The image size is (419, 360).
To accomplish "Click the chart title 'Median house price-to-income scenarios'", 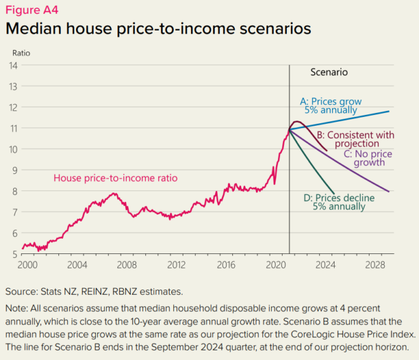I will click(158, 29).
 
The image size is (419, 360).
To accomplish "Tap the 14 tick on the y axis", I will click(13, 65).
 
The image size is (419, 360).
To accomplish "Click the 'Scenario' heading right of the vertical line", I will click(329, 72).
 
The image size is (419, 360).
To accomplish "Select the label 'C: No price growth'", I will click(369, 158).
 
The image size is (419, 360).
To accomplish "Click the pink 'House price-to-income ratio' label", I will click(115, 178).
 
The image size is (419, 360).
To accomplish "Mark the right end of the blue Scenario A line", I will click(389, 111).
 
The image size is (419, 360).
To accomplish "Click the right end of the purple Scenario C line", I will click(389, 191).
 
